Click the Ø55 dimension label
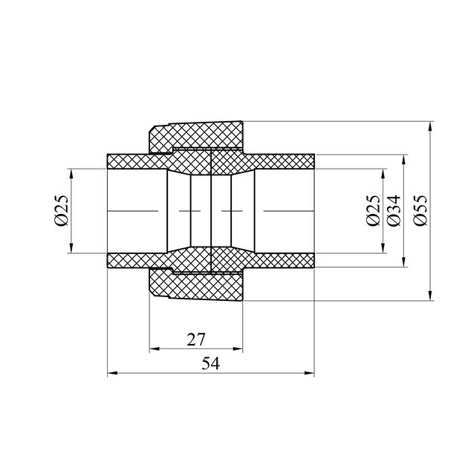[x=420, y=210]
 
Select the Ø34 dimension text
[x=393, y=210]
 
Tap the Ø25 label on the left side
[x=62, y=210]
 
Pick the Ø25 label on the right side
[x=374, y=210]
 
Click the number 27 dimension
[x=196, y=339]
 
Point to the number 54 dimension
[x=211, y=364]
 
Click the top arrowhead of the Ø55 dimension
[x=430, y=126]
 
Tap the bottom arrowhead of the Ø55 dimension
[x=430, y=296]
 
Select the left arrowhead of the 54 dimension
[x=112, y=373]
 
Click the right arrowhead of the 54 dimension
[x=309, y=373]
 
